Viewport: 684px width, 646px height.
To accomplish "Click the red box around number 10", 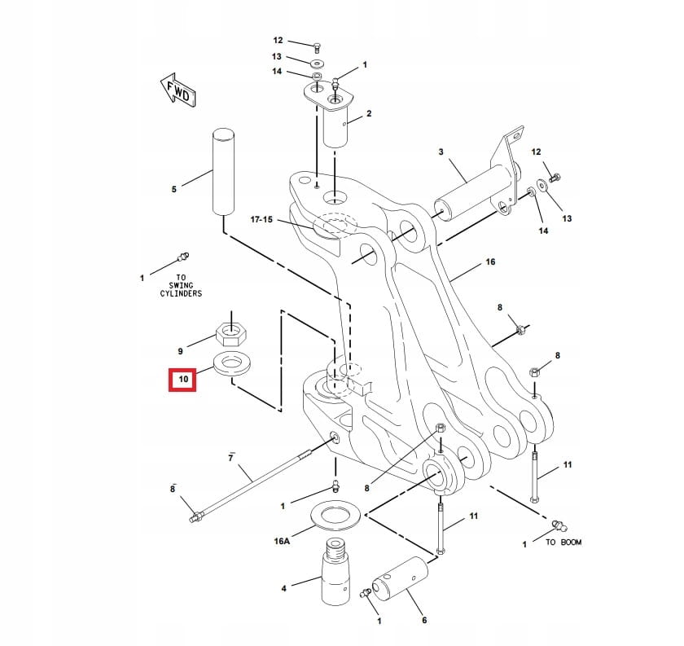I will click(182, 380).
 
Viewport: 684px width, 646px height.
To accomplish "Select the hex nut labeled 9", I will click(232, 332).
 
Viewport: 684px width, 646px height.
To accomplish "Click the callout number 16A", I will click(282, 541).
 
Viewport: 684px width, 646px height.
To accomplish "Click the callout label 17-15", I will click(264, 219).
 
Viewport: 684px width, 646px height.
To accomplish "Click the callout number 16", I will click(490, 261).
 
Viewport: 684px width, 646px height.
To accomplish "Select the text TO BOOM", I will click(563, 542).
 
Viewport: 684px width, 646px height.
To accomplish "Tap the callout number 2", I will click(369, 114).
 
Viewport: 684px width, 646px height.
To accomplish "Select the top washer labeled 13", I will click(316, 63).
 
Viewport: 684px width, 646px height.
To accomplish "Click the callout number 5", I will click(173, 190).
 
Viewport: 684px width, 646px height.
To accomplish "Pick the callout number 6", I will click(424, 620).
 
